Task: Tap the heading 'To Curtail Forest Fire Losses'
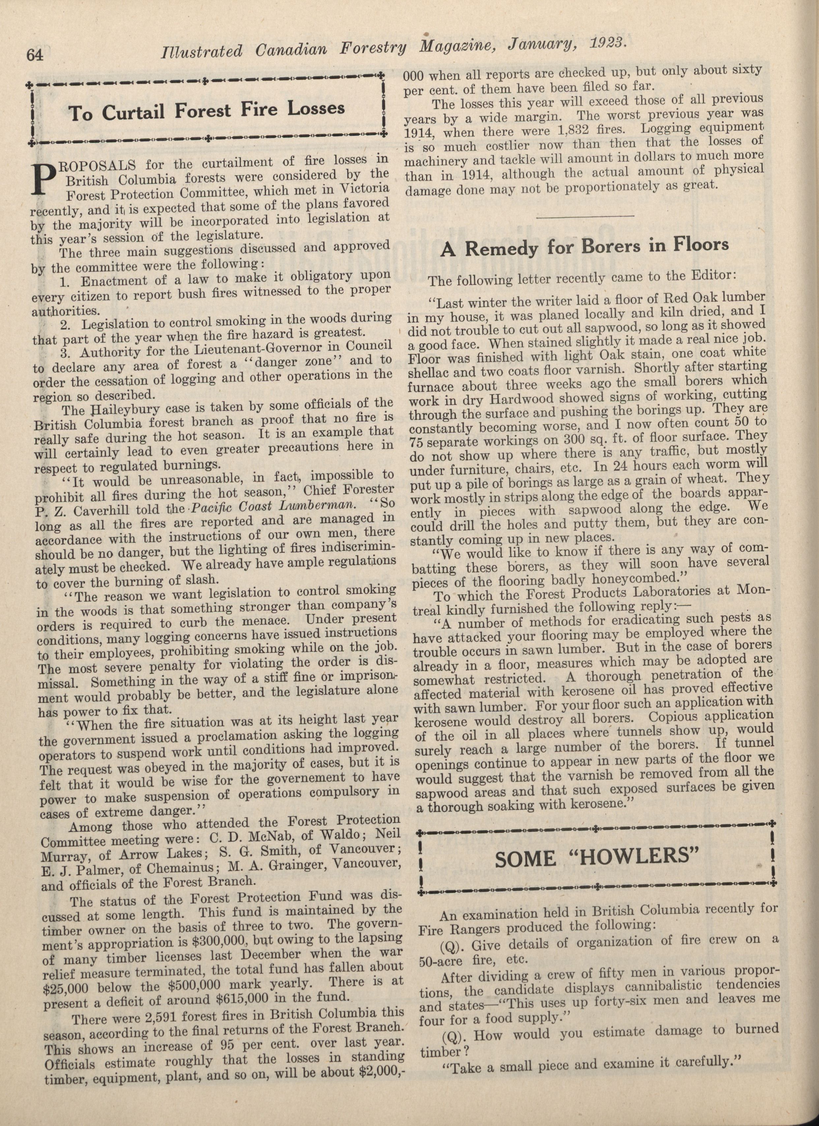pyautogui.click(x=207, y=110)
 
